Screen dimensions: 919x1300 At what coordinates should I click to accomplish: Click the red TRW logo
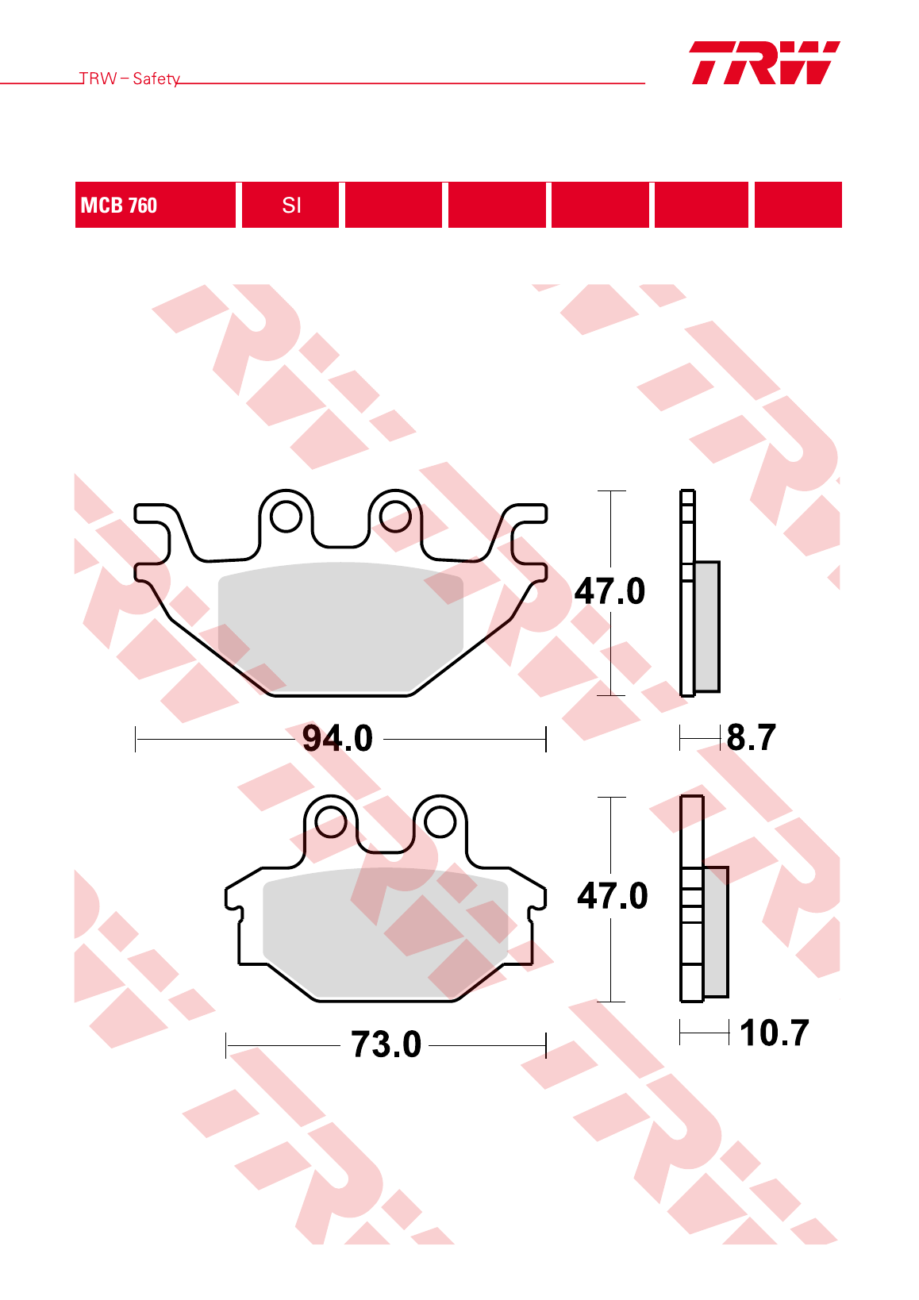765,63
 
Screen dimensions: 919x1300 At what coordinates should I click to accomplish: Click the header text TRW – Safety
129,79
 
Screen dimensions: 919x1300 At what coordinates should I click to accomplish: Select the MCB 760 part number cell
156,205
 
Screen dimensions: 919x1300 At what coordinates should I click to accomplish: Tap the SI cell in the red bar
290,205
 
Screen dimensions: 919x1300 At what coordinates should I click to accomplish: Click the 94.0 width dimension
337,739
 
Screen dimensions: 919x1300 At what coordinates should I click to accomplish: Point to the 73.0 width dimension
386,1045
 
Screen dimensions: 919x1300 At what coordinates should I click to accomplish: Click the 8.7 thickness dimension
752,737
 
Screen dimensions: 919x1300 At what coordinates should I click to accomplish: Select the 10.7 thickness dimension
775,1033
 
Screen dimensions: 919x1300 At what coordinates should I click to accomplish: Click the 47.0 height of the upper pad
609,591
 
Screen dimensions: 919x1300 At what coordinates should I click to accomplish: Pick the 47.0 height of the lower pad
613,895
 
